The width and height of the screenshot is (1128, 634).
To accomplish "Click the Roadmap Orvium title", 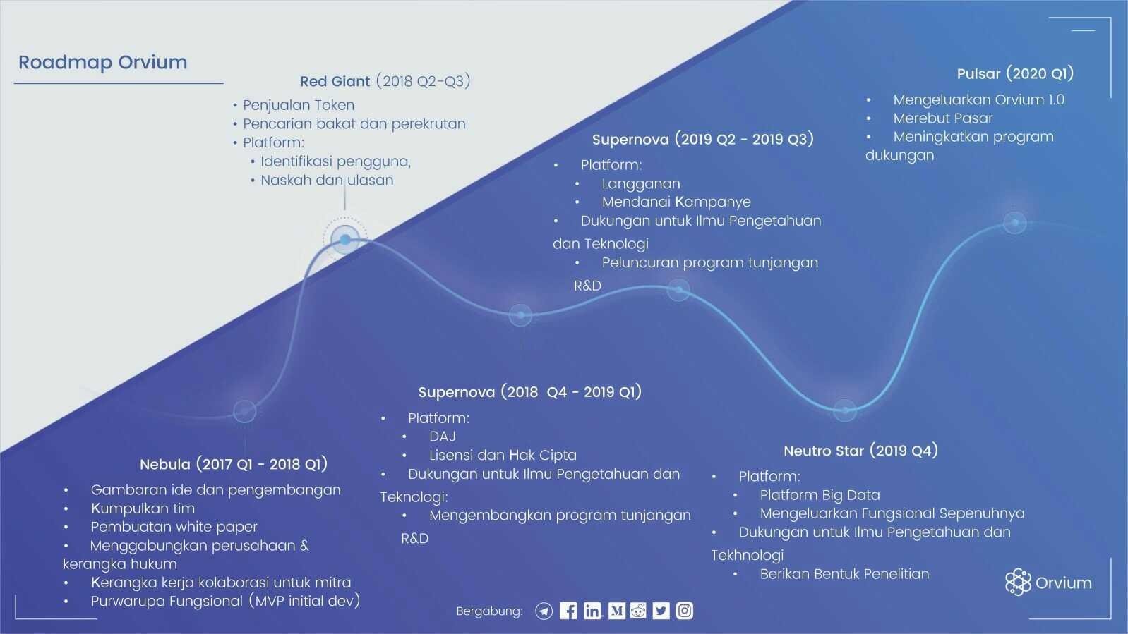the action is [x=103, y=62].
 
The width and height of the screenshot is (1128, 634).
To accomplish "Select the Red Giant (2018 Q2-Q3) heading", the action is [x=385, y=81].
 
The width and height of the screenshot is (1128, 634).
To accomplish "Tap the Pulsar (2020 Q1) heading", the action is [x=1015, y=74].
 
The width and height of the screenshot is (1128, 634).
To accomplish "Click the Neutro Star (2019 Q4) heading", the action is [x=860, y=451].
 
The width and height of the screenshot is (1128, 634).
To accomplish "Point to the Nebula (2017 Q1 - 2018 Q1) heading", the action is [x=234, y=464].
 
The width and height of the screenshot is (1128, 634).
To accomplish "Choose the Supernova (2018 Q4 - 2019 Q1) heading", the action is [x=529, y=392].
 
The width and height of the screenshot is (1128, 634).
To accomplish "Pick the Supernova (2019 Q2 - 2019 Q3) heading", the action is [x=702, y=140].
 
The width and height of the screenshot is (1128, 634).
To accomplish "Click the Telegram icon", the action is [x=544, y=611].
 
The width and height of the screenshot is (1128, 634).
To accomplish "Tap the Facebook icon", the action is [x=568, y=611].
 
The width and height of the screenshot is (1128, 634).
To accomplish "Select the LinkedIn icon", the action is [x=592, y=611].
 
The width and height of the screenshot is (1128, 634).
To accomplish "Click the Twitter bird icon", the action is [x=661, y=611].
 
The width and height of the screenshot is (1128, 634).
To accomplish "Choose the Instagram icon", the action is [x=685, y=611].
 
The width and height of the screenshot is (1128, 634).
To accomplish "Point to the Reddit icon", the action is [x=638, y=610].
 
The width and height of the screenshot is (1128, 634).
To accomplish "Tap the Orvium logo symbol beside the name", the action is [x=1018, y=583].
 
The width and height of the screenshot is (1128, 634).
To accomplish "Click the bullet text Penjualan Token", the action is [x=299, y=105].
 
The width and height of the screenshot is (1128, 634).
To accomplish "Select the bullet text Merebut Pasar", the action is [x=942, y=118].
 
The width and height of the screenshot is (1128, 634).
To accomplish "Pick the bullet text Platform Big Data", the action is [x=820, y=495].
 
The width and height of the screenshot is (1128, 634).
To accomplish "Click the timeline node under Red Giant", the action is [x=345, y=240].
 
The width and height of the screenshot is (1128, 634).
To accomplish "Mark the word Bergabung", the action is [x=489, y=611].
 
